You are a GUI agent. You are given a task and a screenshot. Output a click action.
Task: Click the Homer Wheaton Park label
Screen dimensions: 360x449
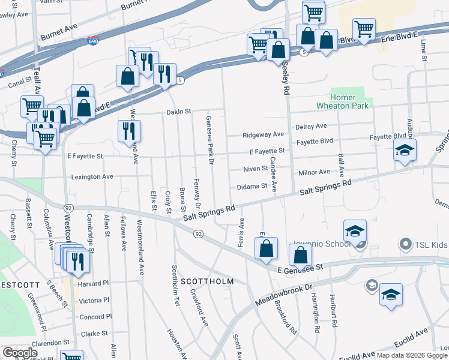(x=351, y=101)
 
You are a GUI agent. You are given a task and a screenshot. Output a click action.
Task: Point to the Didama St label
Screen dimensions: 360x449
(x=251, y=186)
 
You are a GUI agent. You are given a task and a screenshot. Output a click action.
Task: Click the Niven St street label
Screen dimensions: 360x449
(x=255, y=169)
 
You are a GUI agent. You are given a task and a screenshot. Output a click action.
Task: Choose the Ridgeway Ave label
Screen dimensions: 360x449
(x=263, y=135)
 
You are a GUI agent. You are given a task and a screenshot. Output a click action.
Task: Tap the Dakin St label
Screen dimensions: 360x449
(x=178, y=112)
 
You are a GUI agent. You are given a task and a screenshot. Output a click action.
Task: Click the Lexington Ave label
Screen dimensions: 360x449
(x=92, y=177)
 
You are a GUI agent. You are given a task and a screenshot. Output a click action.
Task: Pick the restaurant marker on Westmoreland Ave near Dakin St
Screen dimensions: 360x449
(x=128, y=130)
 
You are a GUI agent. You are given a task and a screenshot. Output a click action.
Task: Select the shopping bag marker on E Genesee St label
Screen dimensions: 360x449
(x=300, y=255)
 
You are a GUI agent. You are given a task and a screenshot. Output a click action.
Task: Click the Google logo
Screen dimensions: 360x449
(x=20, y=353)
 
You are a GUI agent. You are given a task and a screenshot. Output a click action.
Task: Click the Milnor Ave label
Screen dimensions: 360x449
(x=315, y=173)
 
